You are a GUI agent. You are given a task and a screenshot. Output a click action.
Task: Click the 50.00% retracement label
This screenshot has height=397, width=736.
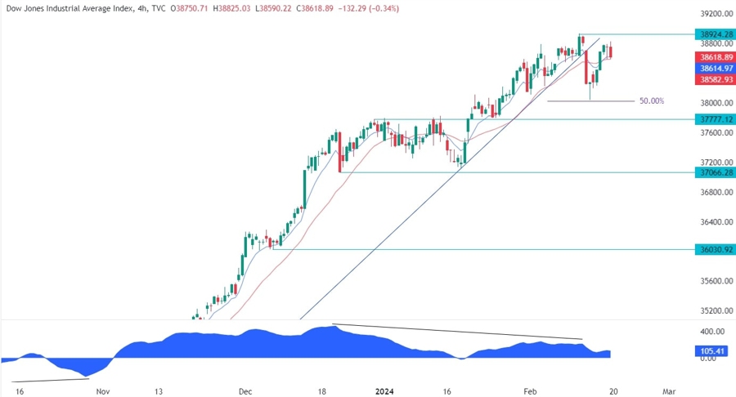(x=652, y=101)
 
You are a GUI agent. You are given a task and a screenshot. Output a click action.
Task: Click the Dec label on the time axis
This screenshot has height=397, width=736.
(x=246, y=390)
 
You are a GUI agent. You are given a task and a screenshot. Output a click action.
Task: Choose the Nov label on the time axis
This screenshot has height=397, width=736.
(x=102, y=390)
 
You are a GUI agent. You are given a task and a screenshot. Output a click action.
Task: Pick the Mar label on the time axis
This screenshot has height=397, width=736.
(x=670, y=390)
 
